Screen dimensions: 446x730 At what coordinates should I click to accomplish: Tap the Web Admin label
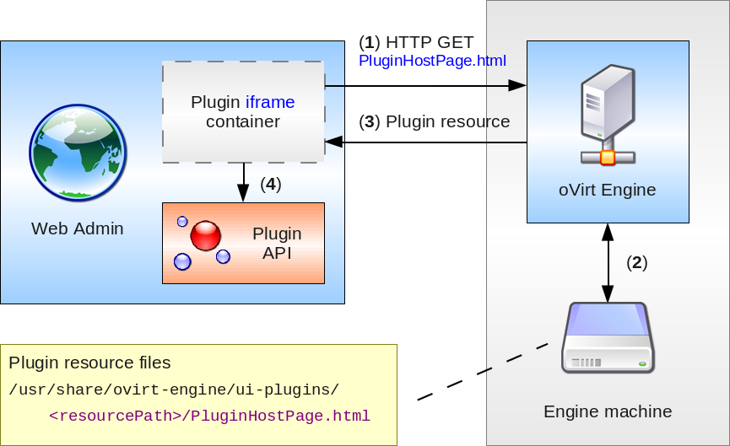coord(78,228)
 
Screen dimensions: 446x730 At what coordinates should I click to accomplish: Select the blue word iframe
coord(270,103)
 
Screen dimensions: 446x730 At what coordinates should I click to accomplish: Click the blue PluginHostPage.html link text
coord(432,61)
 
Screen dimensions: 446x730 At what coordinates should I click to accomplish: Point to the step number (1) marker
coord(369,42)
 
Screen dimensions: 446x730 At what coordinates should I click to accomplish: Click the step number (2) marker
coord(636,262)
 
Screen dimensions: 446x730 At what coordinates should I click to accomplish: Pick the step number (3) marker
coord(369,121)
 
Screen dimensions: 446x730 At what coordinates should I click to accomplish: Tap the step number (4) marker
coord(270,184)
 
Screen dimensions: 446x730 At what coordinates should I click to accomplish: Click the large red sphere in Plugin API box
coord(205,236)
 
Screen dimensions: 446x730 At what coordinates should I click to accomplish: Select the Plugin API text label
coord(277,243)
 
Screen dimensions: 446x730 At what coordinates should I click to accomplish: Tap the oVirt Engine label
coord(608,190)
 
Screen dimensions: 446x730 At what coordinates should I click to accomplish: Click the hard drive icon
coord(608,339)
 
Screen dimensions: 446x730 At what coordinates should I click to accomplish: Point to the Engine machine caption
coord(608,412)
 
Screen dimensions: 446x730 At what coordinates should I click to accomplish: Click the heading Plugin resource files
coord(90,363)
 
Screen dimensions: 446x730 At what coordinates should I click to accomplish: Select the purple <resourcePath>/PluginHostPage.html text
coord(209,416)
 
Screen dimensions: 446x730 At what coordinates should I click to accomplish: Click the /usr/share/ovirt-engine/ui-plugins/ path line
coord(174,390)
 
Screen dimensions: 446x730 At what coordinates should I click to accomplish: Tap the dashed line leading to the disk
coord(483,371)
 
